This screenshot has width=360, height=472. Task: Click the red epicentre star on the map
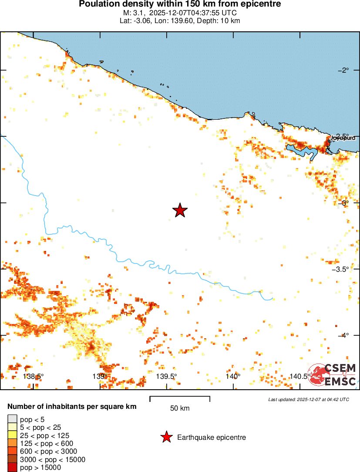(x=180, y=210)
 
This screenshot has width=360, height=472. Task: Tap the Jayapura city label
(x=343, y=138)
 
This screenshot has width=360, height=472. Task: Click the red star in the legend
(x=166, y=437)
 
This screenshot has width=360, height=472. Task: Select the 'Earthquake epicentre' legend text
(x=212, y=437)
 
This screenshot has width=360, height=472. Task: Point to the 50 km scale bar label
(x=180, y=408)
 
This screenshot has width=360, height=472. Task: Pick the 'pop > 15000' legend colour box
(x=12, y=468)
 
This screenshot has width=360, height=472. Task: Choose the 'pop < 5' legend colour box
(x=12, y=419)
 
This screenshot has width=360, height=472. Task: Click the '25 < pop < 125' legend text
(x=44, y=435)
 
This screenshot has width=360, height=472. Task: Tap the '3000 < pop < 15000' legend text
(x=53, y=459)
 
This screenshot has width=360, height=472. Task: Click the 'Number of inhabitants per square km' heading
(x=72, y=407)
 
